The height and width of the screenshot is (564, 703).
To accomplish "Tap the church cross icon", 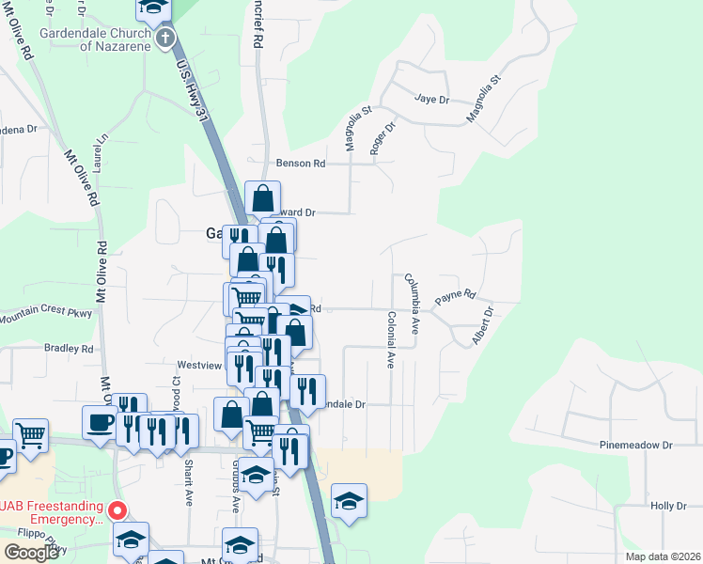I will coord(165,39).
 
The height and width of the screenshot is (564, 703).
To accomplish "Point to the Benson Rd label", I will coord(300,164).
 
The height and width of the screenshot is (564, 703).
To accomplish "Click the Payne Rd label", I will coord(456,298).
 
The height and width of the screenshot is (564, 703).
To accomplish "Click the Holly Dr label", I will coord(669,506).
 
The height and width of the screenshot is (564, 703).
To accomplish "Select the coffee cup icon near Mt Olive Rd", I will coord(99,422).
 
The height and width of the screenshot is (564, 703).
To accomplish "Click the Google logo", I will coord(31,553).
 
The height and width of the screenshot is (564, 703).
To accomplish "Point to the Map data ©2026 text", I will coord(662,556).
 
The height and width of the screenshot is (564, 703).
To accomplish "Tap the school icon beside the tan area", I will coord(349,501).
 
